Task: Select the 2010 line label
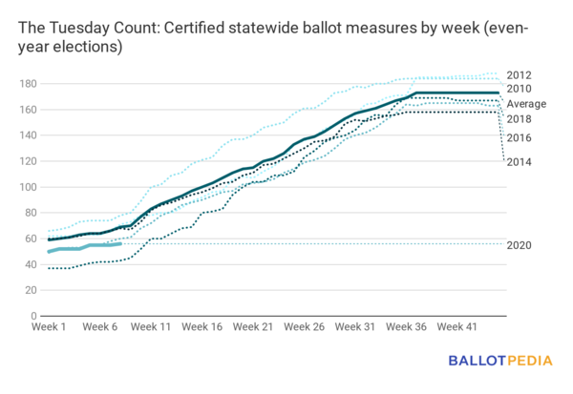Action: tap(520, 89)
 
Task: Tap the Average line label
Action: tap(526, 104)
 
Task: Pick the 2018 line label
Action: tap(520, 119)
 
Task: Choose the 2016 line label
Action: tap(520, 138)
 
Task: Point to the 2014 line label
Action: tap(520, 161)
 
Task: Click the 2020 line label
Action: tap(520, 245)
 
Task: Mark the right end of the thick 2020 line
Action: tap(119, 243)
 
